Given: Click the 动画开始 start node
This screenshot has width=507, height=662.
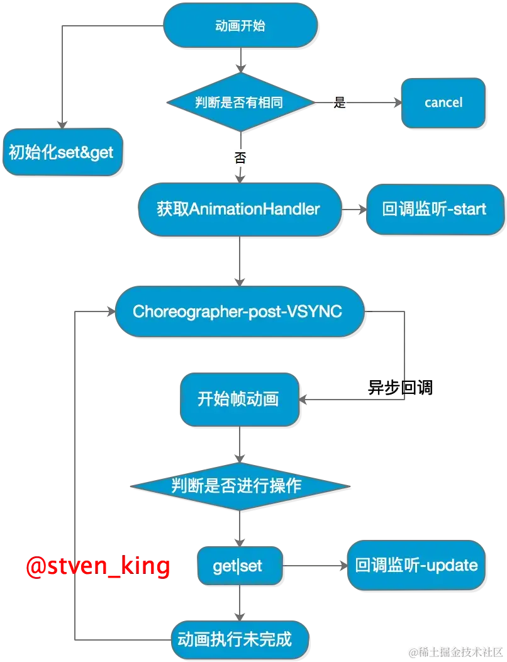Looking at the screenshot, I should pos(240,26).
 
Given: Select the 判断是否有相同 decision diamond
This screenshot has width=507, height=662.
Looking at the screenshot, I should pos(240,103).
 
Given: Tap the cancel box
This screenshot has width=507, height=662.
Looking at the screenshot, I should pos(443,103).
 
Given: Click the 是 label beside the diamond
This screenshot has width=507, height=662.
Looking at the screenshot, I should pos(340,103).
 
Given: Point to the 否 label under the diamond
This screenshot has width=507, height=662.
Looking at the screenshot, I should pos(240,158).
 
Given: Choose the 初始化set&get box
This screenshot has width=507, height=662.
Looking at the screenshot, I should pos(62,153).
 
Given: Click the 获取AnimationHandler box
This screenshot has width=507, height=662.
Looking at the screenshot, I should pos(238,209).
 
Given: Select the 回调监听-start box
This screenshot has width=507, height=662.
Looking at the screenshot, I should pos(434,209).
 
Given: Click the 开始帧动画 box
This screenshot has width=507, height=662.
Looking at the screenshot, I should pos(238,399).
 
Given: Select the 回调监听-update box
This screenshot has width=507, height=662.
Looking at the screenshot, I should pos(416,565).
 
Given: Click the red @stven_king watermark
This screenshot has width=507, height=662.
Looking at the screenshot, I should pos(98,566).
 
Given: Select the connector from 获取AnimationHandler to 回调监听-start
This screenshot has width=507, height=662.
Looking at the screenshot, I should pos(354,209).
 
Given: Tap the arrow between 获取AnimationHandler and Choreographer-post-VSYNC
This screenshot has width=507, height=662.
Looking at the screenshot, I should pos(238,259).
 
